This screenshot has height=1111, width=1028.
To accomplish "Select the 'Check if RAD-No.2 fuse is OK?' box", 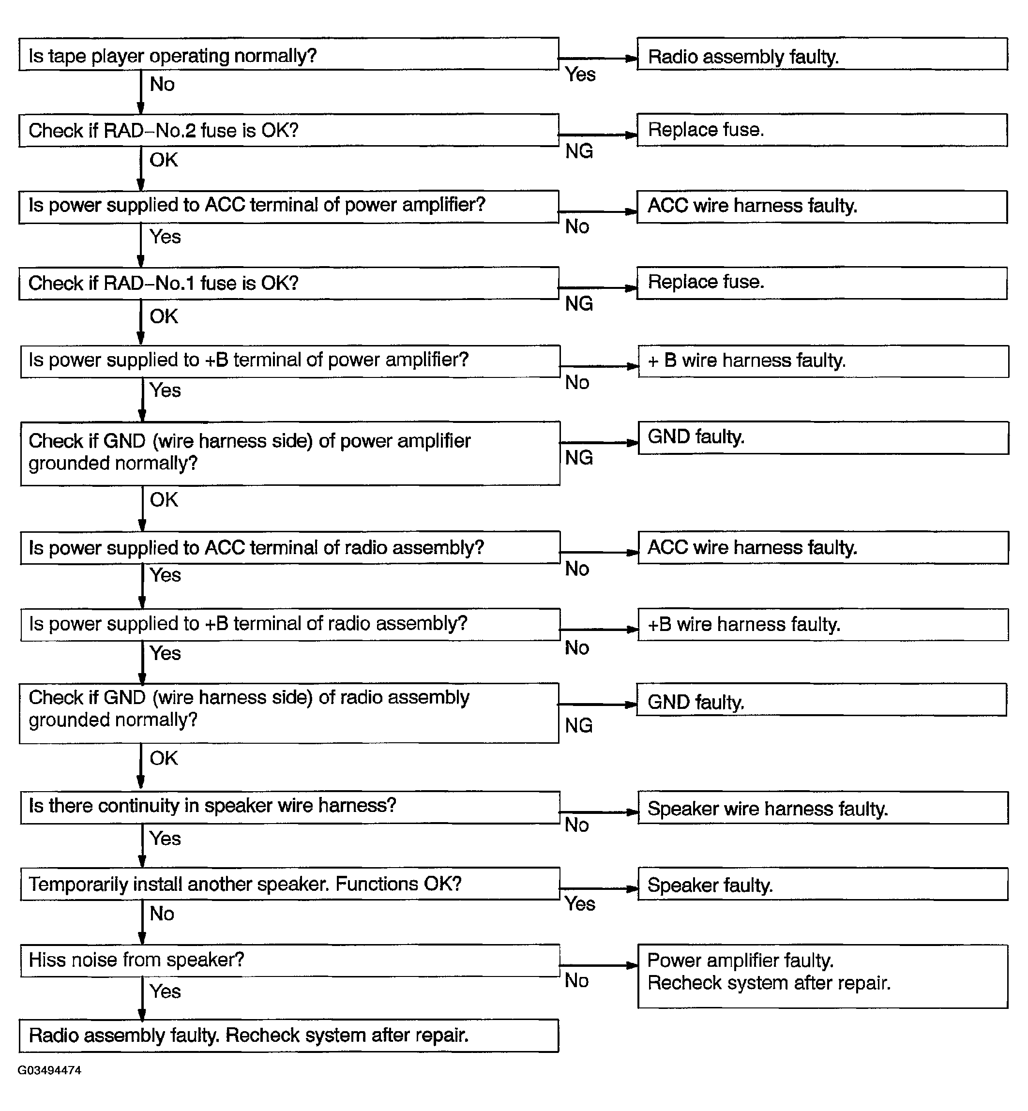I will [289, 131].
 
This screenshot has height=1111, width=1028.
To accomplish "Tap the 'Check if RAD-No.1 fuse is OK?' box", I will [289, 284].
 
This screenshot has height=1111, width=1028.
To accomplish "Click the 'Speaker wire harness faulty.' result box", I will [823, 808].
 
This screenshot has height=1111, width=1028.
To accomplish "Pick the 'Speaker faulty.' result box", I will [823, 884].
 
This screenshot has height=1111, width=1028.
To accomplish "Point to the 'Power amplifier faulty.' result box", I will [823, 976].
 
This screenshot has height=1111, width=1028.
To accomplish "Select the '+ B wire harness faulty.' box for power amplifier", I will [823, 361].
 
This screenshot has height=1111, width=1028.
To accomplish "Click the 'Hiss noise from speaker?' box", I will [290, 961].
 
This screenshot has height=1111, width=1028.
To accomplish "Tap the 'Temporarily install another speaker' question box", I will [290, 884].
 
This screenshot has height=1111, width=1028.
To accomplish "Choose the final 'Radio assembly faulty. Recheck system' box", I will [289, 1036].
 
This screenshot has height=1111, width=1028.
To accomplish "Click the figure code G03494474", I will [49, 1070].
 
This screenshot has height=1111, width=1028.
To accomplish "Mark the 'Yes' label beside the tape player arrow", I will [580, 75].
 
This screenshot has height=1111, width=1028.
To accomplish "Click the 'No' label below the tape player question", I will [162, 85].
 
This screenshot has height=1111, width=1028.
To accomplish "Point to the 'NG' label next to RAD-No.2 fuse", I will [579, 151].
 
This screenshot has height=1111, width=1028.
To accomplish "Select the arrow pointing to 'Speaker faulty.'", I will [599, 888].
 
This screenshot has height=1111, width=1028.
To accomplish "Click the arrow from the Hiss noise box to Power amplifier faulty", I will [599, 965].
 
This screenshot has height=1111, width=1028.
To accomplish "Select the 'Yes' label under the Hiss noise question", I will [165, 991].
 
